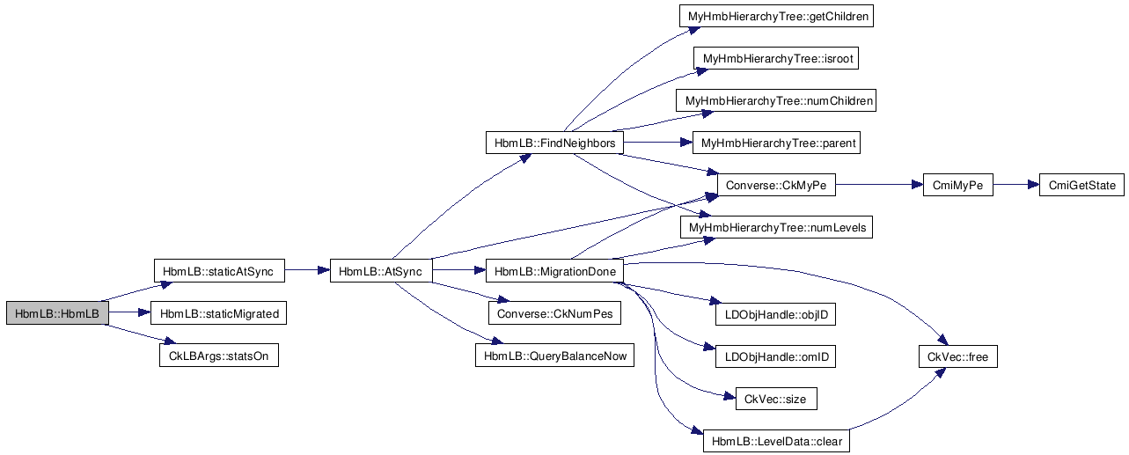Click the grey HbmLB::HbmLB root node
pyautogui.click(x=57, y=313)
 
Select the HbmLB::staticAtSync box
pyautogui.click(x=218, y=272)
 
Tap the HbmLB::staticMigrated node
pyautogui.click(x=219, y=313)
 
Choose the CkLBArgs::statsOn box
pyautogui.click(x=218, y=356)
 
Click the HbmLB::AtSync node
pyautogui.click(x=380, y=272)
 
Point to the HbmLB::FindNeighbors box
pyautogui.click(x=554, y=143)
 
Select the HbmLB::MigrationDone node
pyautogui.click(x=554, y=272)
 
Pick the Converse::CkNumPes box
pyautogui.click(x=554, y=313)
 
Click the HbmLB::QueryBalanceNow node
pyautogui.click(x=554, y=356)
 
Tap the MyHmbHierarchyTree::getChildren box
pyautogui.click(x=776, y=17)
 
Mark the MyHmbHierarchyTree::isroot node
pyautogui.click(x=776, y=59)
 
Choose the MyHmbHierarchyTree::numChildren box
pyautogui.click(x=777, y=101)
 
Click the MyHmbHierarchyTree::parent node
pyautogui.click(x=776, y=143)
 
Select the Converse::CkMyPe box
pyautogui.click(x=776, y=186)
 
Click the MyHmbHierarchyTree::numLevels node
pyautogui.click(x=776, y=228)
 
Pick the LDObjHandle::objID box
pyautogui.click(x=776, y=313)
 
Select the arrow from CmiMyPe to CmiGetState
pyautogui.click(x=1015, y=186)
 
